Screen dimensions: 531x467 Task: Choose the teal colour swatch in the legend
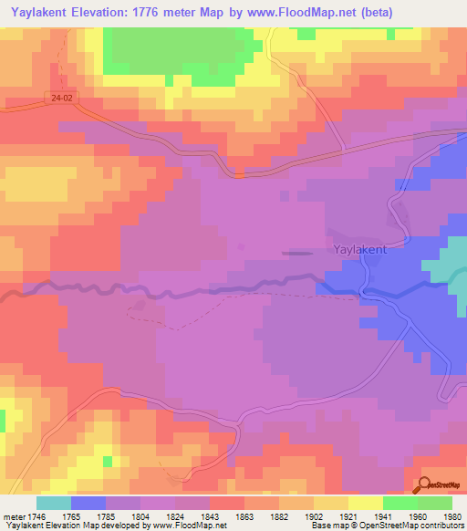tap(53, 503)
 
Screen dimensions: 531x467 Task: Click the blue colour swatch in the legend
tap(88, 503)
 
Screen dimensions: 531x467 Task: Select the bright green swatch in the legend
tap(400, 503)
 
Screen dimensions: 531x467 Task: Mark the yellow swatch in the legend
tap(366, 503)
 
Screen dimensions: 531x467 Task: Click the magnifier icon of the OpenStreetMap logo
tap(423, 485)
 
